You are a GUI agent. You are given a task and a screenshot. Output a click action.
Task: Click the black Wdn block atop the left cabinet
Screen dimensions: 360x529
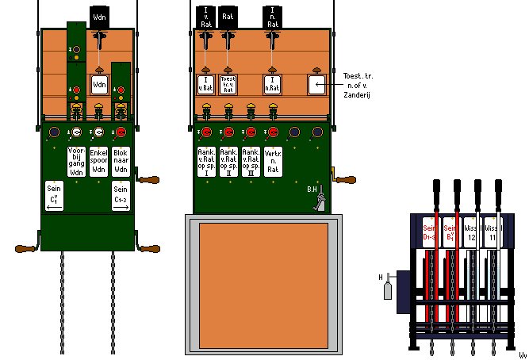99,17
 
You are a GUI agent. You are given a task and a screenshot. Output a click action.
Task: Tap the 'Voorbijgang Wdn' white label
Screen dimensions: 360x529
77,160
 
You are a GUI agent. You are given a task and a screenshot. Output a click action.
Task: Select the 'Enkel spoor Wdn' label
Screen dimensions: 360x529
99,160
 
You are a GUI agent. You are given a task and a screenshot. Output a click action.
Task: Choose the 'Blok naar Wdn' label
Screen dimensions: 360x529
121,160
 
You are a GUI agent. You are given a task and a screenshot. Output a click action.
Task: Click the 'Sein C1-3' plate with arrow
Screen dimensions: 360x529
121,196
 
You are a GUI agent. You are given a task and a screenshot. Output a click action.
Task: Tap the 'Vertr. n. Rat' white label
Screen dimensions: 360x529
272,160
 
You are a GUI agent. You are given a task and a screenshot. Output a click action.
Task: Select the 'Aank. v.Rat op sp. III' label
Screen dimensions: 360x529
251,160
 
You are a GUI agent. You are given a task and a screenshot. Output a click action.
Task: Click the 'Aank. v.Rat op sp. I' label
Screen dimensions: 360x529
205,160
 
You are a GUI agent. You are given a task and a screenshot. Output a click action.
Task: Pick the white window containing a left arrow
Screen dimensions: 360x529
317,83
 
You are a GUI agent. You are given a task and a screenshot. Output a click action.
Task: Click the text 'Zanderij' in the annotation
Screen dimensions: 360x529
358,94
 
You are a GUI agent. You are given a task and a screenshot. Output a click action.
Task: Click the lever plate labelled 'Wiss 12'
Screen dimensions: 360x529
471,231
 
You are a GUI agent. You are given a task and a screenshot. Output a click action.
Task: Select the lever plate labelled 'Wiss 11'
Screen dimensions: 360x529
492,231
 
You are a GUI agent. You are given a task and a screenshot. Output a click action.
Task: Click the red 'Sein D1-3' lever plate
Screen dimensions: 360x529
429,231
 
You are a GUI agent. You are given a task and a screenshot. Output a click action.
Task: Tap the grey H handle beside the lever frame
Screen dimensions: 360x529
389,289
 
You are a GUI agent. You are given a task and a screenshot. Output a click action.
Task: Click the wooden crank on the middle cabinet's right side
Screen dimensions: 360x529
345,180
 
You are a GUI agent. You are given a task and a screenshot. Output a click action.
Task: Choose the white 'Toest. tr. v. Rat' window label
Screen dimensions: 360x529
228,84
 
